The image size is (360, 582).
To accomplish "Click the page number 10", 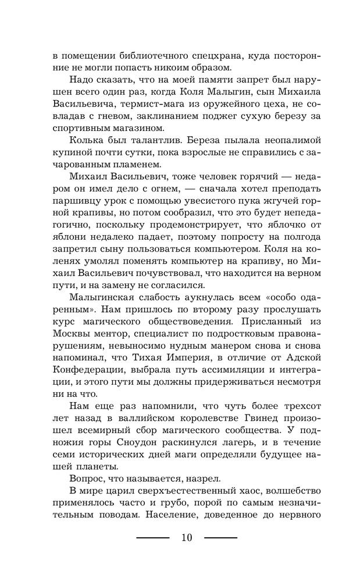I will pos(187,537).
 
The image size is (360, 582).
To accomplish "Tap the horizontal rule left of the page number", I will pos(152,538).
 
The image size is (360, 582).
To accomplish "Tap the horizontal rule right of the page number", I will pos(221,538).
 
